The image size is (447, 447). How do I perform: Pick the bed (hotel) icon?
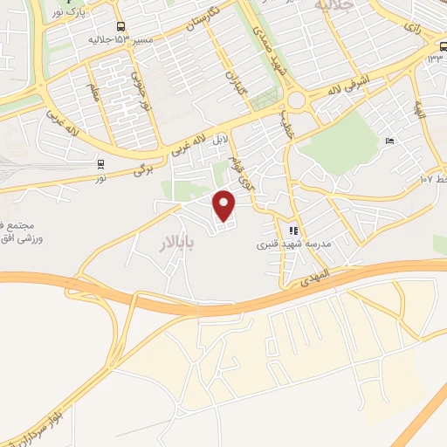pyautogui.click(x=390, y=141)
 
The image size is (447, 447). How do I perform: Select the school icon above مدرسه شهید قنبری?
pyautogui.click(x=292, y=231)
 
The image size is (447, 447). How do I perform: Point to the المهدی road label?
pyautogui.click(x=315, y=276)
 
